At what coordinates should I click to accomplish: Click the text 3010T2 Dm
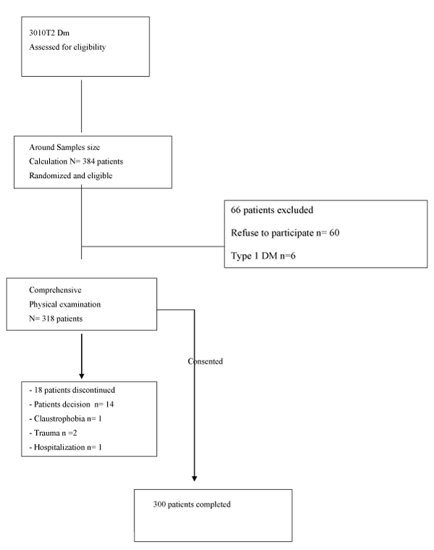pos(49,33)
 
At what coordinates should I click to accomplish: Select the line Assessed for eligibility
pos(67,47)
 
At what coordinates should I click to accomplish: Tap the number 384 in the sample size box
pos(89,161)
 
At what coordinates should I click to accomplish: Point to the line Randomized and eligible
pos(70,176)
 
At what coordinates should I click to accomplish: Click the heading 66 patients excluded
pos(272,210)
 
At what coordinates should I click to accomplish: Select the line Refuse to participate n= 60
pos(285,233)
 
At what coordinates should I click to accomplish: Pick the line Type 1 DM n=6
pos(263,255)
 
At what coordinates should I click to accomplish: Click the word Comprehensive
pos(55,290)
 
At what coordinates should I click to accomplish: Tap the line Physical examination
pos(65,305)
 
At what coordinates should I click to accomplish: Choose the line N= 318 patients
pos(56,319)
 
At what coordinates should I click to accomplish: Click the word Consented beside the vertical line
pos(205,361)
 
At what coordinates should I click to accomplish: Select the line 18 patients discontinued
pos(72,390)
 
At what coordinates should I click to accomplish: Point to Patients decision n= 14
pos(72,405)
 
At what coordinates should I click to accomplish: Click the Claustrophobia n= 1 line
pos(66,419)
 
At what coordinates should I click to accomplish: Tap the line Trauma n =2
pos(54,433)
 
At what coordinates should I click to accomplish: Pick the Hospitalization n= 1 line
pos(66,447)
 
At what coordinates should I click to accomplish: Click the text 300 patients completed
pos(192,504)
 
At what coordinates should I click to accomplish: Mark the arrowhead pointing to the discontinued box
pos(82,376)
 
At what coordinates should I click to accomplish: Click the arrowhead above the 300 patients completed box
pos(194,478)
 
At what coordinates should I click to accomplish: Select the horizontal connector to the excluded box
pos(153,246)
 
